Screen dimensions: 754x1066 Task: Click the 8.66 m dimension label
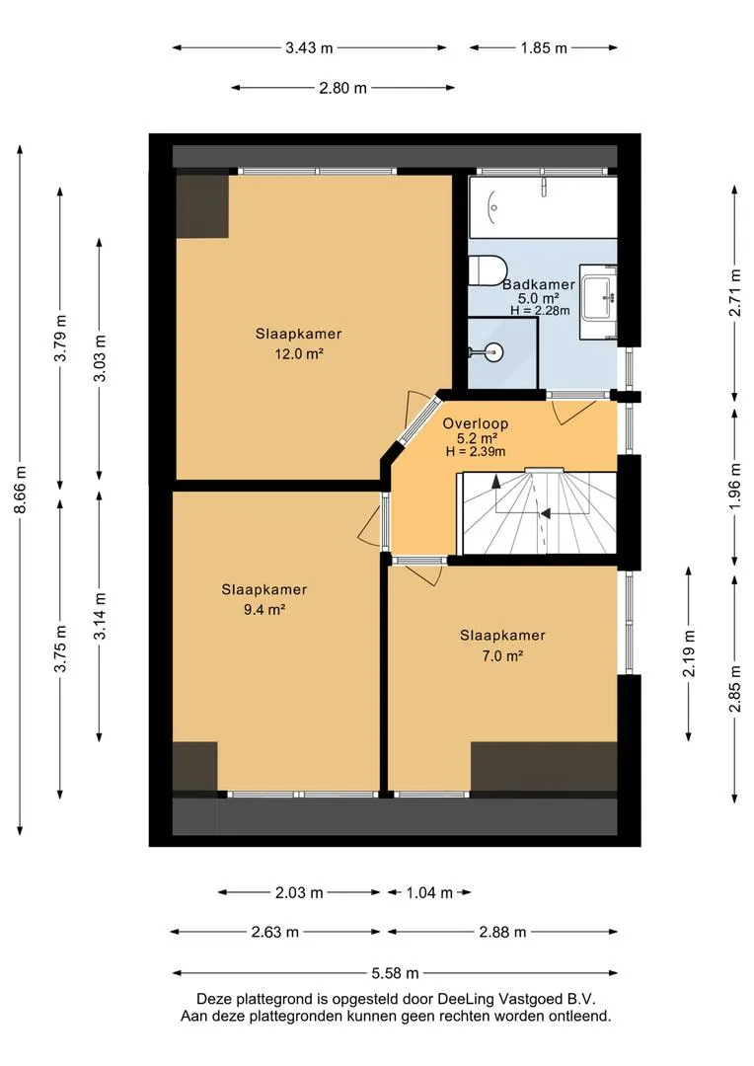(21, 491)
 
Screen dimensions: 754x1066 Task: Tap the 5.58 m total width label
(395, 973)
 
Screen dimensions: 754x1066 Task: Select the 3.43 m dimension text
(309, 47)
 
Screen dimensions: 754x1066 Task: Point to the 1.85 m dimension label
(544, 47)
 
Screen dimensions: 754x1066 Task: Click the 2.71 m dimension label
(735, 292)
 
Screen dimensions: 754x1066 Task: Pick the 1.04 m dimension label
(429, 892)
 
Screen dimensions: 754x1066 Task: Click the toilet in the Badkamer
(487, 269)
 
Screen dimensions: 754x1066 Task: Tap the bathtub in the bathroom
(543, 207)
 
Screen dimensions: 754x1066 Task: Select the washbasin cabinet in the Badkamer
(598, 302)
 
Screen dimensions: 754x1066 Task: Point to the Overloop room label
(476, 423)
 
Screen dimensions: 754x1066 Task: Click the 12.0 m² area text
(298, 353)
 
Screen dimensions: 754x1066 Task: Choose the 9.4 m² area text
(264, 609)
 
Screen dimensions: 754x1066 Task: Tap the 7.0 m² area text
(501, 655)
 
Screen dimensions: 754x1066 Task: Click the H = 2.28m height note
(540, 311)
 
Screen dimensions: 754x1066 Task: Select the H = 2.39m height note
(476, 451)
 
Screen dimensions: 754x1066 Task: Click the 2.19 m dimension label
(690, 653)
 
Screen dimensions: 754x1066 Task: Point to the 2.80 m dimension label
(343, 88)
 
